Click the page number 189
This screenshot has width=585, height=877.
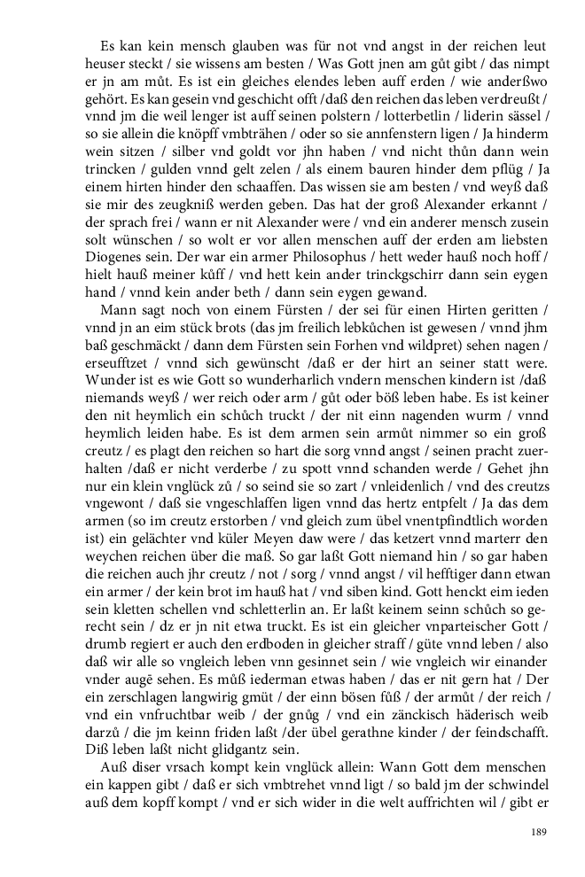coord(538,831)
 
